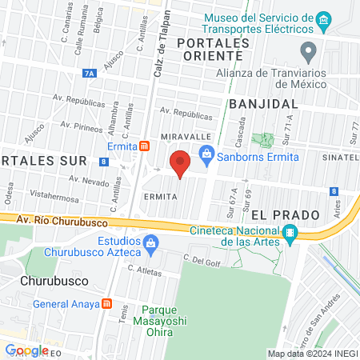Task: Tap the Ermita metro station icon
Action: (x=144, y=146)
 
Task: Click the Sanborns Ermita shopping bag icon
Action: (x=206, y=154)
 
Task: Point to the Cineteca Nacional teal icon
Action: (x=290, y=233)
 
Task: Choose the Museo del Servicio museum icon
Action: (x=323, y=18)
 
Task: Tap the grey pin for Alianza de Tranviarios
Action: (x=308, y=53)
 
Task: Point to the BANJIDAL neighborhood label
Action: (x=263, y=104)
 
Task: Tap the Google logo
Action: (x=27, y=350)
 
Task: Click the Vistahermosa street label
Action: (x=52, y=194)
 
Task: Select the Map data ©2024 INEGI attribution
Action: (x=311, y=353)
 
